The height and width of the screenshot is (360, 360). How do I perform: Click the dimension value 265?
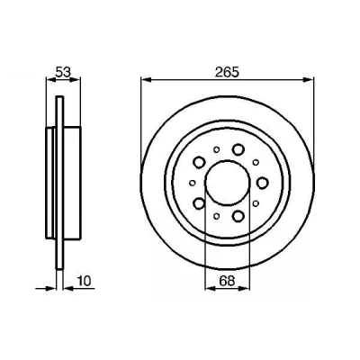point(227,72)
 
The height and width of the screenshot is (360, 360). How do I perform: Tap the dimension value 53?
point(63,72)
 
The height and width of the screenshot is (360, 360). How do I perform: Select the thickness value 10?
point(84,281)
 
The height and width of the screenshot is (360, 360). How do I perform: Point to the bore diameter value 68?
point(227,281)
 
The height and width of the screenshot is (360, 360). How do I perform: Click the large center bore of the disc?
point(227,183)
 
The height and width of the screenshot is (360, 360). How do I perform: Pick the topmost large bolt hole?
point(238,149)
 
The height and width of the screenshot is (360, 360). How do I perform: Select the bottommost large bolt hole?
point(238,215)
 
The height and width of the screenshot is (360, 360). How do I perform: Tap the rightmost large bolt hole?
point(263,183)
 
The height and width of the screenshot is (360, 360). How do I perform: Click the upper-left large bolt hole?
point(199,162)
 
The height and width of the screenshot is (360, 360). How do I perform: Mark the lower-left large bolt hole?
point(199,203)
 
